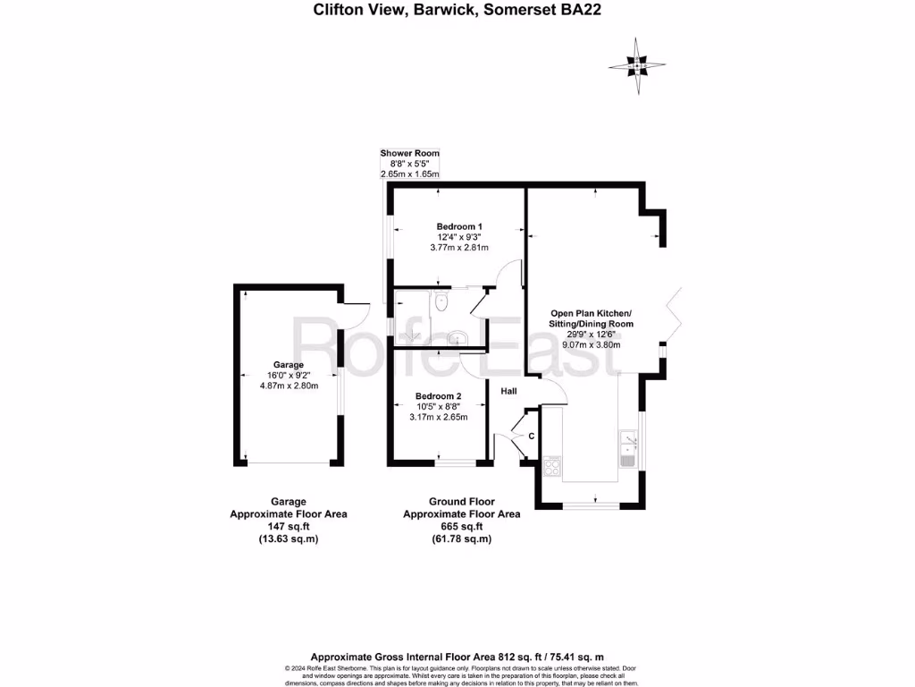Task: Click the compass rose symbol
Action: click(x=637, y=66)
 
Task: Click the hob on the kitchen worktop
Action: click(x=552, y=465)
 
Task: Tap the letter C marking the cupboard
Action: click(x=531, y=436)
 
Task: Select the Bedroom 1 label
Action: click(x=459, y=225)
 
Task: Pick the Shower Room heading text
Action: click(x=409, y=153)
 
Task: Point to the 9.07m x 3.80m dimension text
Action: click(x=591, y=344)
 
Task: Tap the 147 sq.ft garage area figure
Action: click(x=288, y=527)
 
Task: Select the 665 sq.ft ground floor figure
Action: click(x=461, y=527)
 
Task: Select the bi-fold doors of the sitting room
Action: click(x=672, y=315)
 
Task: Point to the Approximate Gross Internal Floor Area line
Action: click(x=457, y=656)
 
